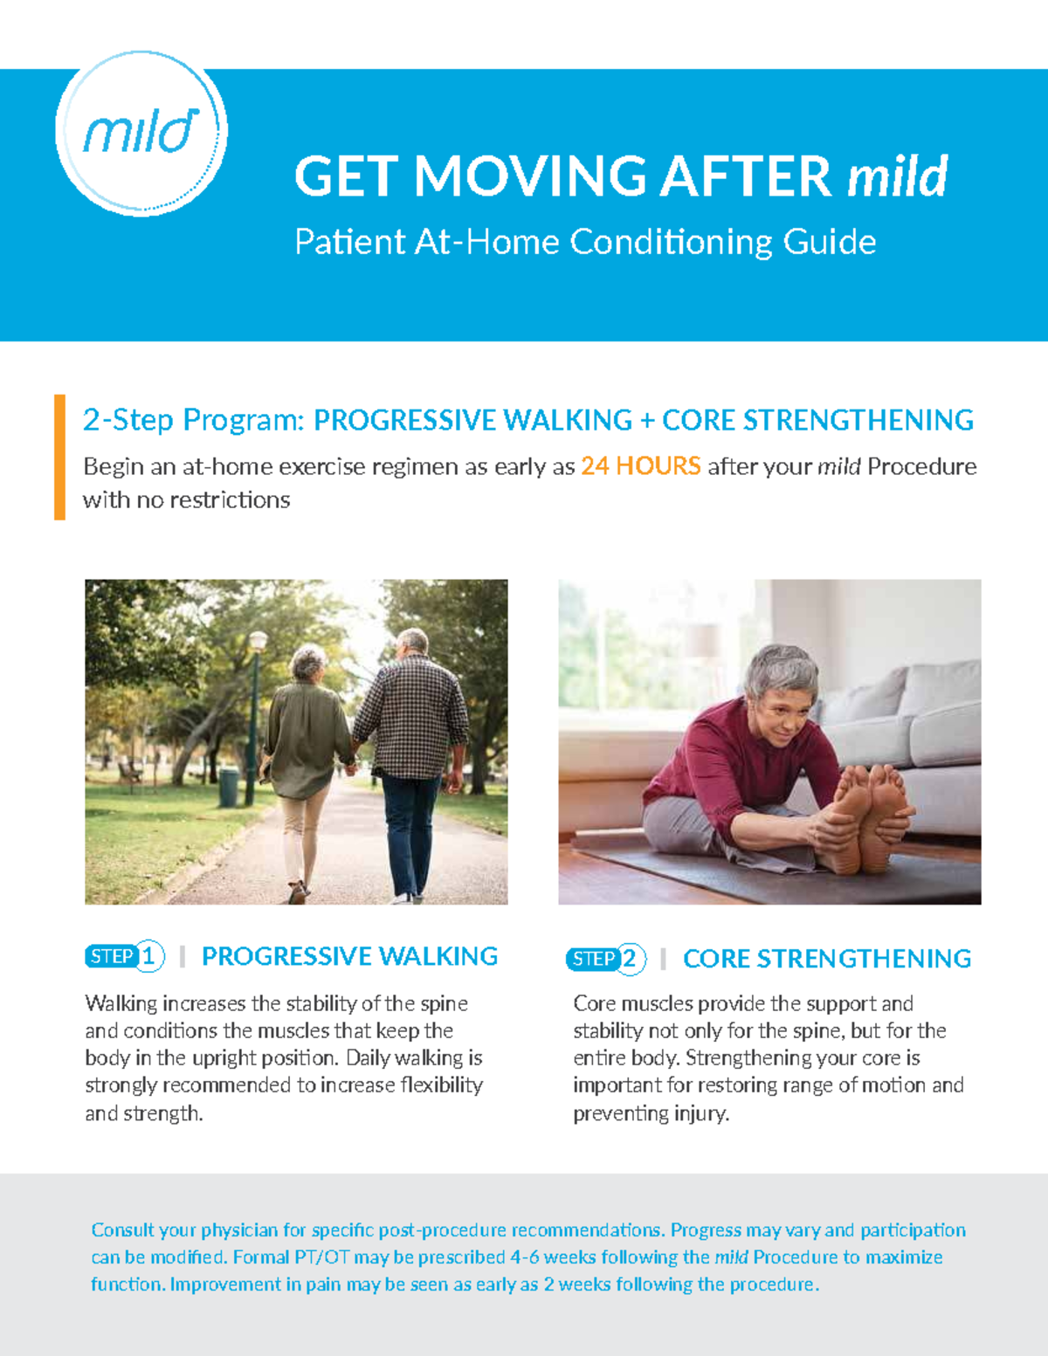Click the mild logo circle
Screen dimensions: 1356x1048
(x=141, y=132)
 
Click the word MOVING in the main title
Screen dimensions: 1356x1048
(x=530, y=176)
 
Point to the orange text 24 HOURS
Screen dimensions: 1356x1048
(x=640, y=466)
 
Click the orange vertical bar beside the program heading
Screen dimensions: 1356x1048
(x=59, y=457)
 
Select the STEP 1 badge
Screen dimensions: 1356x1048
(x=124, y=956)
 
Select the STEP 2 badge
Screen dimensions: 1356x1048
(x=605, y=959)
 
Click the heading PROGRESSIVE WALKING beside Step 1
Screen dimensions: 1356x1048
(x=349, y=956)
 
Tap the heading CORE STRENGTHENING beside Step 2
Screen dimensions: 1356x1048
(x=826, y=959)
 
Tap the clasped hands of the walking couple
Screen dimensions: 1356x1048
(x=351, y=767)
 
